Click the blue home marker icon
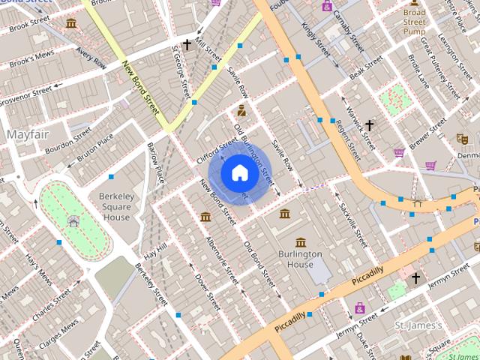[239, 173]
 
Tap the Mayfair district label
[27, 133]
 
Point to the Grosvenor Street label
[24, 94]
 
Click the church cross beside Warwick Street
[370, 125]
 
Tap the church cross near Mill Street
[187, 45]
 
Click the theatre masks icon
[462, 139]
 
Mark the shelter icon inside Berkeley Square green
[73, 220]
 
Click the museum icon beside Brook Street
[71, 24]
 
